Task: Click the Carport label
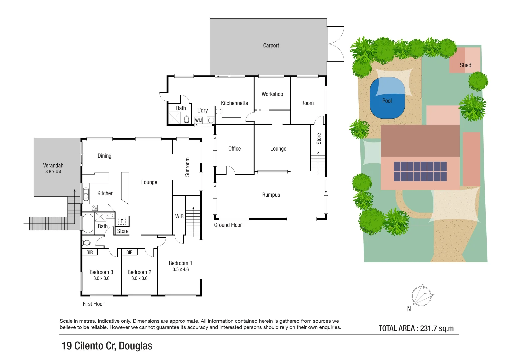[x=271, y=46]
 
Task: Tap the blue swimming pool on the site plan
[x=387, y=98]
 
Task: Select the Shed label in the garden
[x=465, y=65]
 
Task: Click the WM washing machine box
[x=199, y=120]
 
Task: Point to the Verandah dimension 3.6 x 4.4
[x=53, y=172]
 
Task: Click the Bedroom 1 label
[x=180, y=263]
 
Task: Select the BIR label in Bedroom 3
[x=90, y=252]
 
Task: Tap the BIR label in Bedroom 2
[x=129, y=252]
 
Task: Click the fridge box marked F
[x=122, y=221]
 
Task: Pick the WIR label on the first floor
[x=179, y=216]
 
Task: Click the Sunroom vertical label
[x=187, y=167]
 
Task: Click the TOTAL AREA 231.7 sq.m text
[x=416, y=328]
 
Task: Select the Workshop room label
[x=272, y=94]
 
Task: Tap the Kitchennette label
[x=234, y=103]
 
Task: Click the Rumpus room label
[x=271, y=195]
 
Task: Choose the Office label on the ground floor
[x=234, y=149]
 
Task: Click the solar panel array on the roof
[x=420, y=171]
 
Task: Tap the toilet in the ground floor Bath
[x=187, y=119]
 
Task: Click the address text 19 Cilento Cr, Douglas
[x=107, y=346]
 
